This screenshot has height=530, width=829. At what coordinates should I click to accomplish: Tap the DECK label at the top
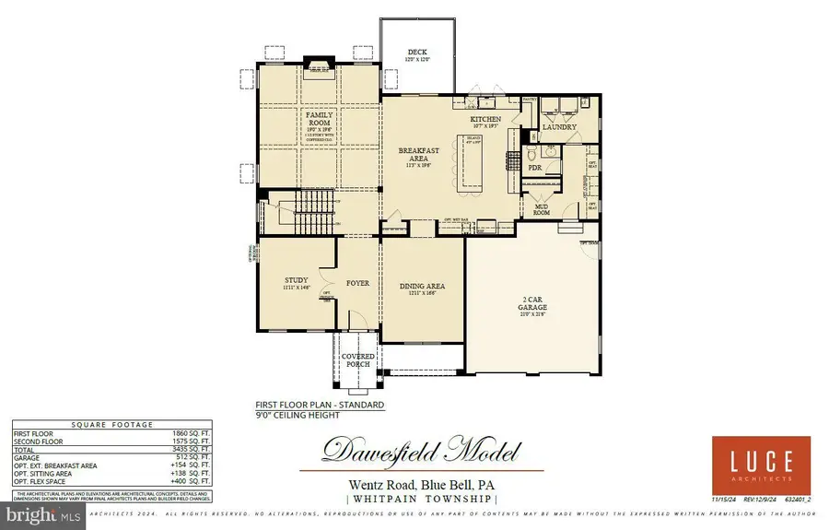click(417, 53)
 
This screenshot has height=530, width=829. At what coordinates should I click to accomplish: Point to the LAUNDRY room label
click(559, 127)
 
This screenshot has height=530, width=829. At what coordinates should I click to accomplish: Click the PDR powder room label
click(534, 169)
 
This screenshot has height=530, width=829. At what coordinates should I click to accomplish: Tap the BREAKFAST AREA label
click(418, 154)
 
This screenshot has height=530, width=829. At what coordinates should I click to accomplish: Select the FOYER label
click(357, 283)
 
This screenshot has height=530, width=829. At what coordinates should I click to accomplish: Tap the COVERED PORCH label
click(356, 359)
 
